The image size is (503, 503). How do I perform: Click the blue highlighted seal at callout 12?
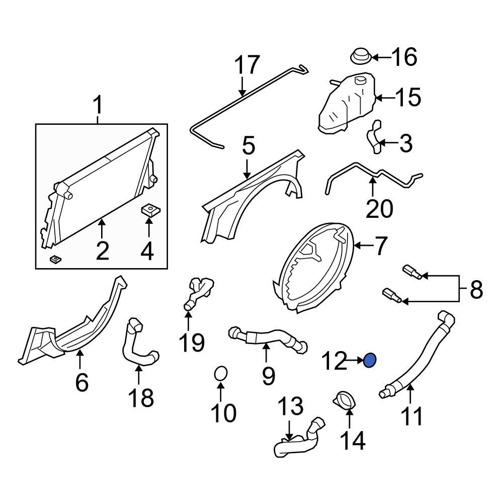click(370, 360)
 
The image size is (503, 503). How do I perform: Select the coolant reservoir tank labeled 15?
click(348, 105)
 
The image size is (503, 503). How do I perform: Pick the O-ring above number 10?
click(221, 374)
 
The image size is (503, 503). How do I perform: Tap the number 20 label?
click(379, 208)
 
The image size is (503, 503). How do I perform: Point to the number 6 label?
click(81, 382)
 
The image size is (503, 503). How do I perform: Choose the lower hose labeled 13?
click(297, 440)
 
